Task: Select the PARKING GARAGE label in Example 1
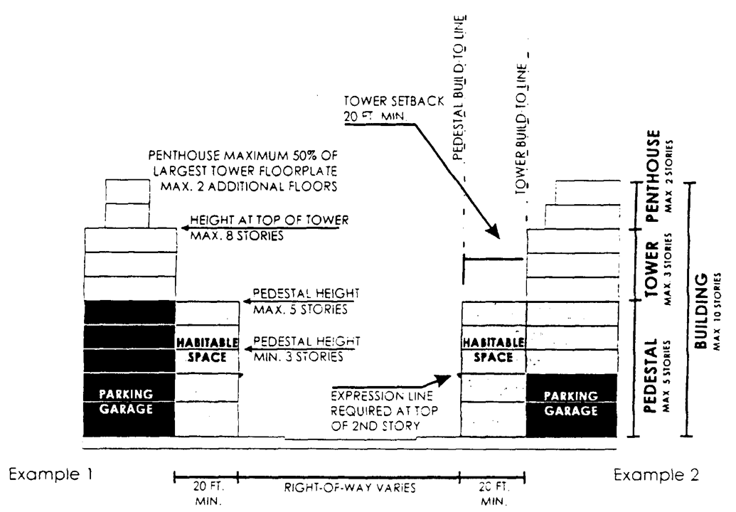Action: pyautogui.click(x=129, y=402)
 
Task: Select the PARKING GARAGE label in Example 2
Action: pyautogui.click(x=572, y=403)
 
